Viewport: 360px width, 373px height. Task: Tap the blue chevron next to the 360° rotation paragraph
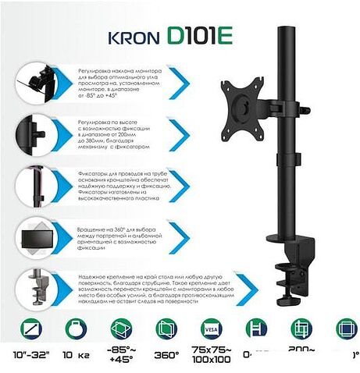coord(183,239)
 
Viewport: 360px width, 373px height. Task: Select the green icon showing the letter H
coord(255,329)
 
